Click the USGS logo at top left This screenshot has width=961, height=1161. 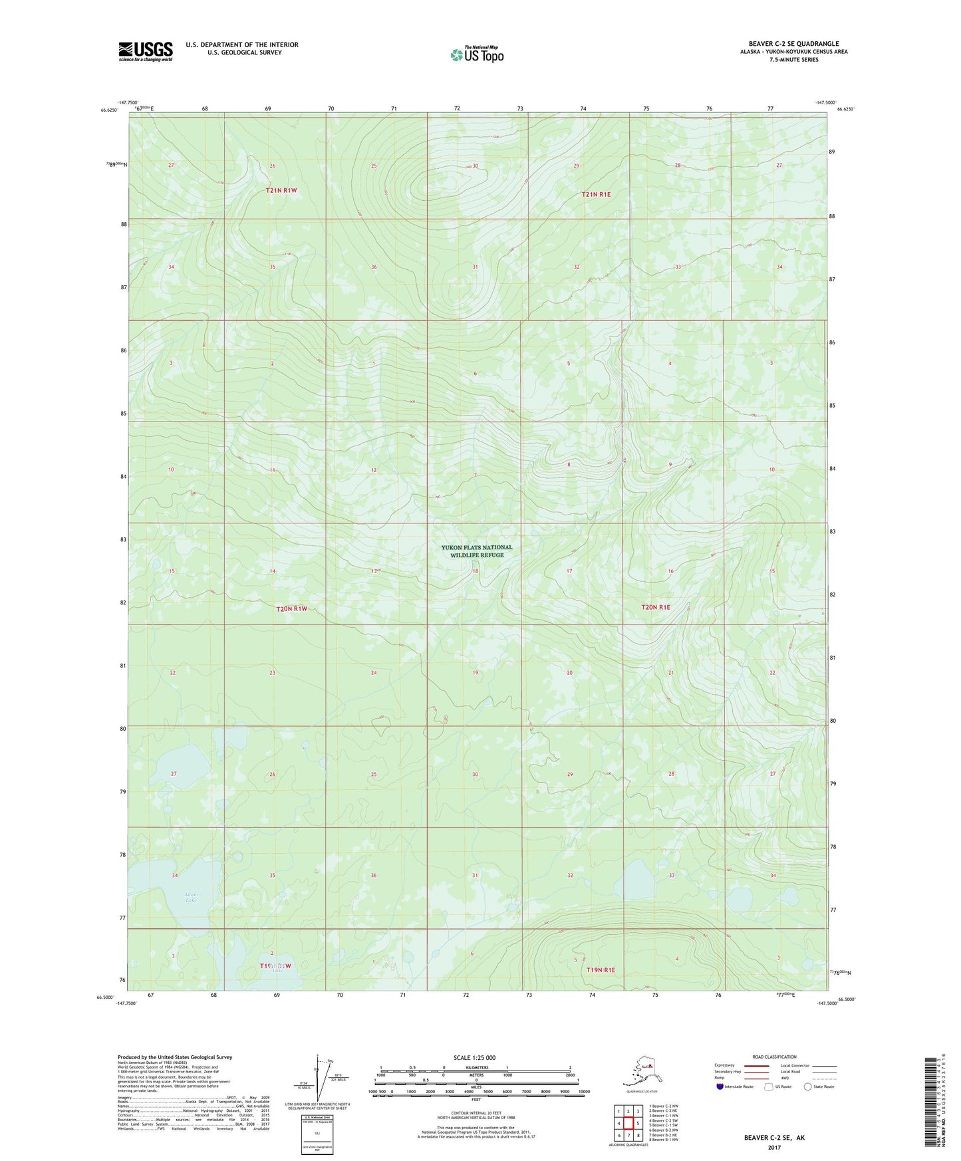click(145, 51)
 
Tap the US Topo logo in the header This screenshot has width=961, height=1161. click(476, 54)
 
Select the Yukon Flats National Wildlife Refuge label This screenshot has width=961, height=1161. click(476, 551)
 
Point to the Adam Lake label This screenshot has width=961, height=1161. click(191, 898)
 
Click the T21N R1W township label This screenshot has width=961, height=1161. click(281, 190)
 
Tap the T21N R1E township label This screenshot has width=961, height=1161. click(596, 194)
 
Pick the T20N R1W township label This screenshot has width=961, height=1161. click(291, 608)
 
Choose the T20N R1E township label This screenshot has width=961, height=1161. click(656, 607)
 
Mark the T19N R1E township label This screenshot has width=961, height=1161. click(601, 970)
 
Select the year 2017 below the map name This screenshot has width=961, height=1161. click(773, 1148)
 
